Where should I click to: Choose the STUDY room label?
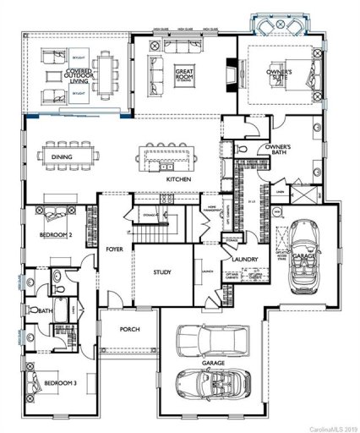162,272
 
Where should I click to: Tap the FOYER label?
114,249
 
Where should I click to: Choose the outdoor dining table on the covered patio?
101,71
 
